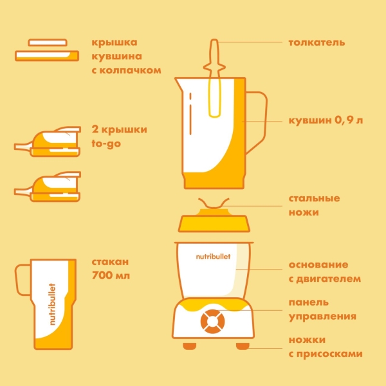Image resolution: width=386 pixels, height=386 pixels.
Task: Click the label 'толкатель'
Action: [317, 43]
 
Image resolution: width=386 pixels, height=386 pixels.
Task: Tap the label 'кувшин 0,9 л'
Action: [325, 121]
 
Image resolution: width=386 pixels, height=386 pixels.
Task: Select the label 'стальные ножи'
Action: [314, 205]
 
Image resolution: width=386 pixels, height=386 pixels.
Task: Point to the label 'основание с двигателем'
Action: [324, 271]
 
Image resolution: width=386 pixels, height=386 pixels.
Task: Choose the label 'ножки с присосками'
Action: [325, 347]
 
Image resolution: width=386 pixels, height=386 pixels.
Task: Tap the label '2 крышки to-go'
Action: [120, 136]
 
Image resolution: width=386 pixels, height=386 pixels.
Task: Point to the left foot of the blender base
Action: [190, 347]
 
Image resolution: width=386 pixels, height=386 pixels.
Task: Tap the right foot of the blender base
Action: [243, 347]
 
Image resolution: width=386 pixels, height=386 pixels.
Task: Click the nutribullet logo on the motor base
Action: [213, 256]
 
